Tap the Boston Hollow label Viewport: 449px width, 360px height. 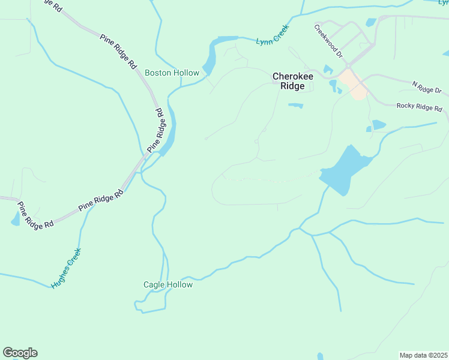pyautogui.click(x=172, y=73)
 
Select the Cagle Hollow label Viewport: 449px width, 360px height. pyautogui.click(x=168, y=284)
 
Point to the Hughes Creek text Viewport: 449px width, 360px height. pyautogui.click(x=66, y=268)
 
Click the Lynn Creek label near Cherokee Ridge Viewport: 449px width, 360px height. pyautogui.click(x=273, y=35)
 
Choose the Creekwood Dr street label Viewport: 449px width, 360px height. pyautogui.click(x=328, y=41)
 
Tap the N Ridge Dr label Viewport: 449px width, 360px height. pyautogui.click(x=426, y=87)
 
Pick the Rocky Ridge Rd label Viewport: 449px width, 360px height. pyautogui.click(x=419, y=107)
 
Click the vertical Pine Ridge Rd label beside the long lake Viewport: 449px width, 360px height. pyautogui.click(x=155, y=130)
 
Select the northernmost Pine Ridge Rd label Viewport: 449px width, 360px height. pyautogui.click(x=117, y=50)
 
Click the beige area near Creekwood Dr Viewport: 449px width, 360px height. pyautogui.click(x=353, y=84)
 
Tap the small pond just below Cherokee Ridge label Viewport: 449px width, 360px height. pyautogui.click(x=295, y=106)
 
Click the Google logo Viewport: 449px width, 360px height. pyautogui.click(x=20, y=353)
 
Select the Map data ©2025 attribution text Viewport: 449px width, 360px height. pyautogui.click(x=423, y=355)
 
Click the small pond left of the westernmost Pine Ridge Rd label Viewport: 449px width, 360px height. pyautogui.click(x=15, y=220)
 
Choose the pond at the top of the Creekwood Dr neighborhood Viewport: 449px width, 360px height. pyautogui.click(x=370, y=23)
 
